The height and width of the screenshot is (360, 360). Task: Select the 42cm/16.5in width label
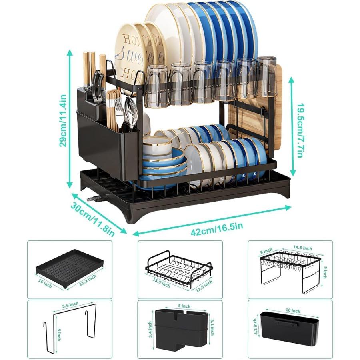(217, 229)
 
